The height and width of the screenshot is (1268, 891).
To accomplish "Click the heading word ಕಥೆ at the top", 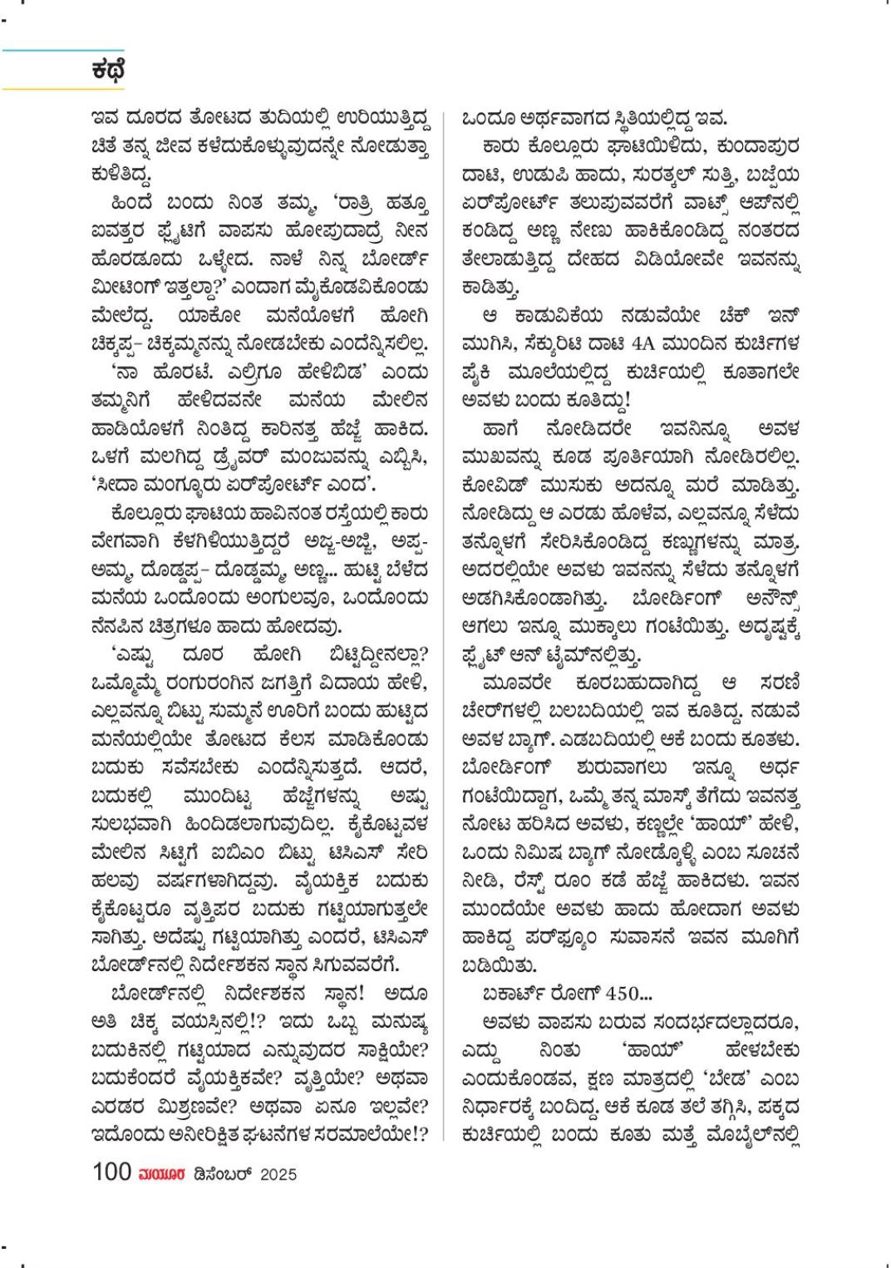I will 108,70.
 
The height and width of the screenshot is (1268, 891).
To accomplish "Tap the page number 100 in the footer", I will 112,1172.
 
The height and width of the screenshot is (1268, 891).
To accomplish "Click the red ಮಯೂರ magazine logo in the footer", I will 161,1173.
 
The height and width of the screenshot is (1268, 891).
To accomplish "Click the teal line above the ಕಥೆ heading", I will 62,50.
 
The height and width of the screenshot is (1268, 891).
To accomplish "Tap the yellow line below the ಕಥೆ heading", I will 62,88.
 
